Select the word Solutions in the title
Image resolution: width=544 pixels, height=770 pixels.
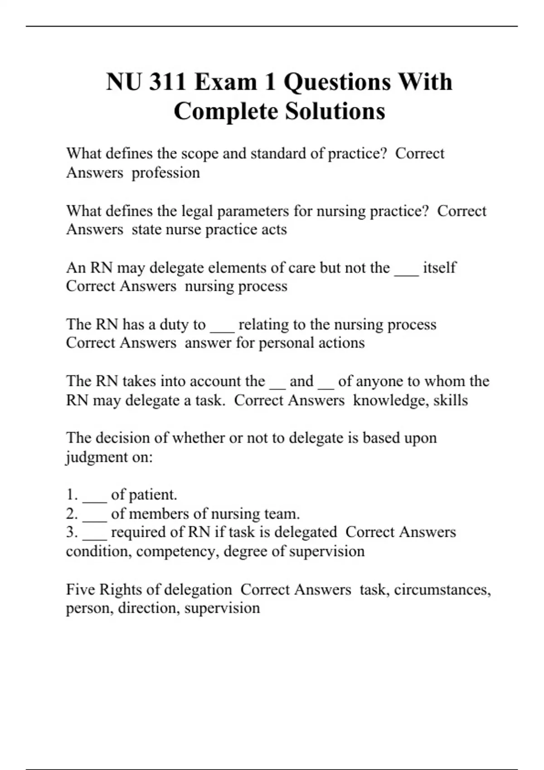(x=335, y=111)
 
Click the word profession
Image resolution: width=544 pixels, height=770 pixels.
(x=165, y=173)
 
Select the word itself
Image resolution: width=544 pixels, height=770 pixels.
(x=439, y=268)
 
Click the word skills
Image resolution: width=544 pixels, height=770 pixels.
(x=451, y=400)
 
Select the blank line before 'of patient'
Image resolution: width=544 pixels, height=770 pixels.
(x=94, y=500)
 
